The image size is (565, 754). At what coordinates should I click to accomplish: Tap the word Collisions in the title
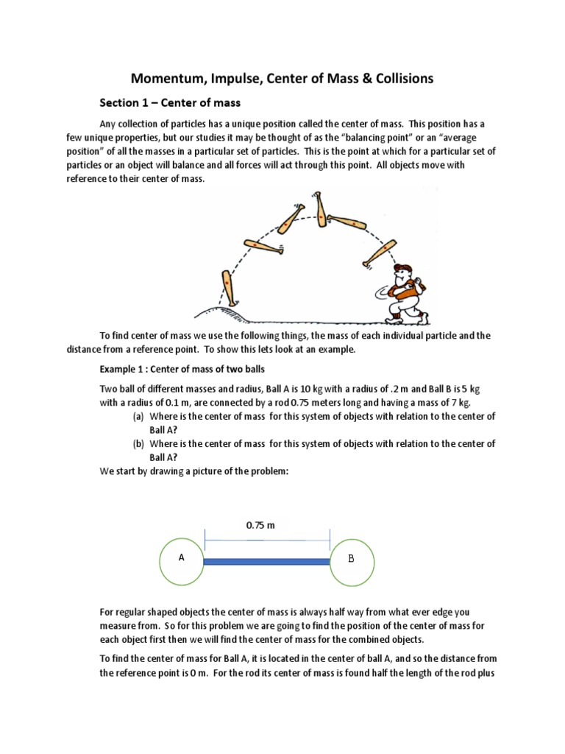coord(398,77)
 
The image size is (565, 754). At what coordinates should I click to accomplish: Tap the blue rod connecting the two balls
coord(266,562)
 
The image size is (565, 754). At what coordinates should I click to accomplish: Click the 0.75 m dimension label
coord(260,526)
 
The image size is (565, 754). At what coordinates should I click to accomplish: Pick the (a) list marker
coord(138,417)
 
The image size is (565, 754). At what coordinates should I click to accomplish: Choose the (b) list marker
coord(138,443)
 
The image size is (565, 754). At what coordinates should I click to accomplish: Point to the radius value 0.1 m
coord(183,402)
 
